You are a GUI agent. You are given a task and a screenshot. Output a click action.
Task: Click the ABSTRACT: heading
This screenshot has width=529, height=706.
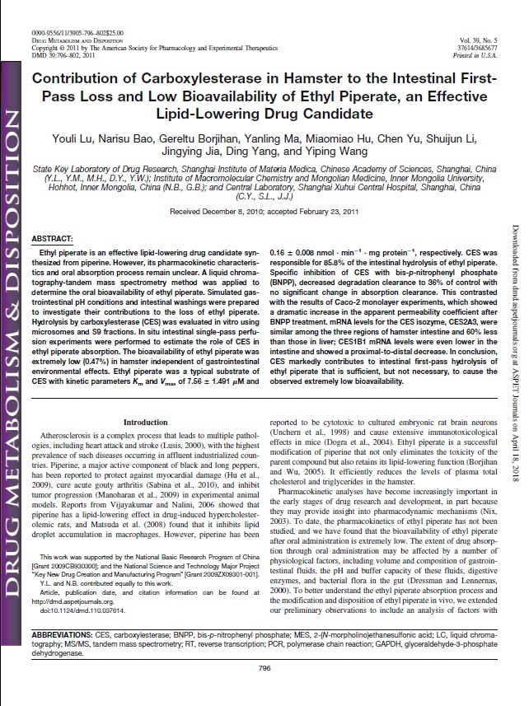(56, 237)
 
